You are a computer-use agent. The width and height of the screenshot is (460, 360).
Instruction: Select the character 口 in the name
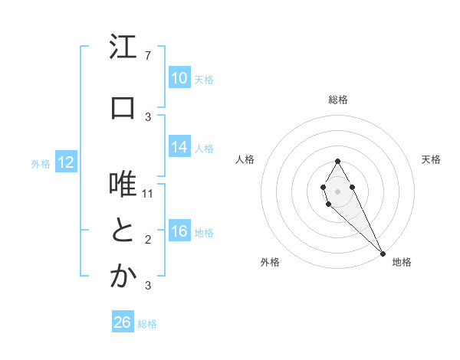tap(123, 108)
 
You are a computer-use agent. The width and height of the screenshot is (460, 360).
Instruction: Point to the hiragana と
tap(123, 231)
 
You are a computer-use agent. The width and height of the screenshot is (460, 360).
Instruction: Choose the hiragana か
tap(123, 277)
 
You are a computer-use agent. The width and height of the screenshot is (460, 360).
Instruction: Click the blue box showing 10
tap(179, 78)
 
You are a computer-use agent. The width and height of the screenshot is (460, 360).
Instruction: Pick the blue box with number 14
tap(179, 147)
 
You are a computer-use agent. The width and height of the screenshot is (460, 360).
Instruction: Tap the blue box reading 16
tap(179, 231)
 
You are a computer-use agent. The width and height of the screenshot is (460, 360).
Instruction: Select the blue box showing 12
tap(65, 162)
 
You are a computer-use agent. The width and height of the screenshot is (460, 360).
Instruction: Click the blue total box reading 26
tap(122, 322)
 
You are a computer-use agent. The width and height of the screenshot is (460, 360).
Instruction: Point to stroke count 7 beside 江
tap(147, 56)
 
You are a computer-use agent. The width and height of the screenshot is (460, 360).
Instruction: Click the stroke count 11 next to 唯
tap(148, 194)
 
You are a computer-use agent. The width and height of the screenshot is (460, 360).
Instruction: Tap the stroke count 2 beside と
tap(147, 240)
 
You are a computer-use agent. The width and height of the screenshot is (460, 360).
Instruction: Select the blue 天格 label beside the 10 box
tap(203, 79)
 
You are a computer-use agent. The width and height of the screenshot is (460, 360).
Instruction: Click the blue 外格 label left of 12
tap(41, 163)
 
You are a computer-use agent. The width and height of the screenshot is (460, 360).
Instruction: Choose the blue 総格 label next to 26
tap(147, 324)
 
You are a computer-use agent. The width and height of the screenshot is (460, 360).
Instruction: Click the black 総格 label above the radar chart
tap(337, 100)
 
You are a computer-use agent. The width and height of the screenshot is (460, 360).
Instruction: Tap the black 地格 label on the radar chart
tap(402, 262)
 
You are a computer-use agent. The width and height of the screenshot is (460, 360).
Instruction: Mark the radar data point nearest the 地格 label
tap(383, 252)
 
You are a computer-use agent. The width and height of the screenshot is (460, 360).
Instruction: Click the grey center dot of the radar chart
tap(337, 189)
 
